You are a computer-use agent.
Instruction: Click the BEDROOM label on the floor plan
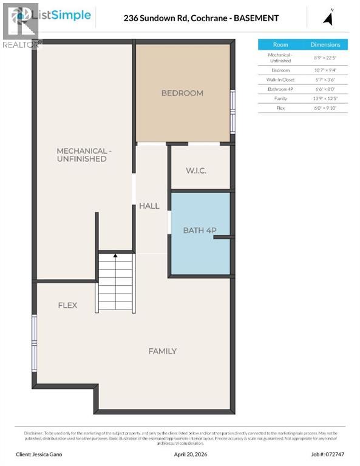tap(182, 93)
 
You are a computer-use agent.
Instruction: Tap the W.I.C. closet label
tap(196, 171)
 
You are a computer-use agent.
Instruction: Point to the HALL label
tap(149, 206)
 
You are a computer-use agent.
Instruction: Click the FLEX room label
tap(67, 305)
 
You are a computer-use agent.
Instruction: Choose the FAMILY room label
tap(163, 351)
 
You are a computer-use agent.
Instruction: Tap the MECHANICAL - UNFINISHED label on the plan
tap(82, 155)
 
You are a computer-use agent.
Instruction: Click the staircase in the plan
tap(115, 282)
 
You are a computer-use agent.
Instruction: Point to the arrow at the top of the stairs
tap(115, 257)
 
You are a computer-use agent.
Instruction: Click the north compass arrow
tap(328, 18)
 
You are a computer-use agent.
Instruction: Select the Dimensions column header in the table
tap(325, 44)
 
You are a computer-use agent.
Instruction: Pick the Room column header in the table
tap(280, 44)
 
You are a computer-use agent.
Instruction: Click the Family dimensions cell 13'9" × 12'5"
tap(325, 98)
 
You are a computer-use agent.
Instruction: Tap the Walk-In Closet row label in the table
tap(280, 79)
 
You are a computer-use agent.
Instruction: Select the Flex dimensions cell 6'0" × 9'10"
tap(325, 107)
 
